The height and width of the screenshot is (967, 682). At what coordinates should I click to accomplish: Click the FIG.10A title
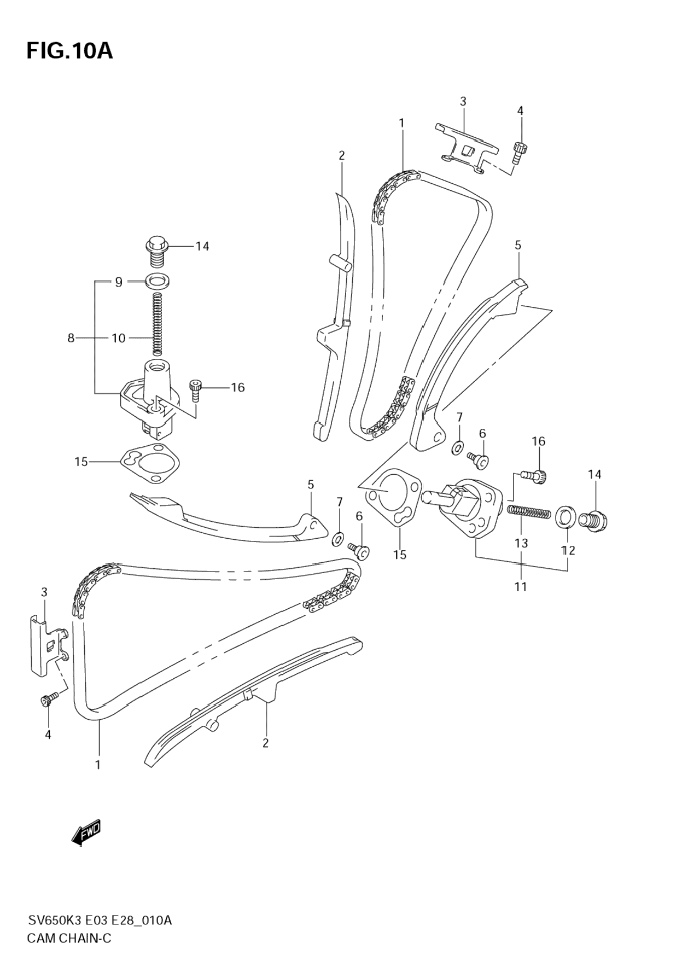pos(69,51)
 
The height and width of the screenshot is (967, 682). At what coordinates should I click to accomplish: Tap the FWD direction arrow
pos(86,834)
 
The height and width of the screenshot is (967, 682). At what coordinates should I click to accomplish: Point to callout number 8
pos(71,338)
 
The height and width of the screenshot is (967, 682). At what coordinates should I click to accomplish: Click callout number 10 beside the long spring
pos(119,338)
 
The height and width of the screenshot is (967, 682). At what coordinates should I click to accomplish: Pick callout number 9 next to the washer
pos(119,282)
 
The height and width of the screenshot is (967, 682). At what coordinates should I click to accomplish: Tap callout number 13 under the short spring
pos(521,543)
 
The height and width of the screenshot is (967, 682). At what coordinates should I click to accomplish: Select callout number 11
pos(520,586)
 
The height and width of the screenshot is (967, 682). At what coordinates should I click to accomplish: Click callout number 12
pos(568,550)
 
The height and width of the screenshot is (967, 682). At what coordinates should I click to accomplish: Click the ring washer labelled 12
pos(566,517)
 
